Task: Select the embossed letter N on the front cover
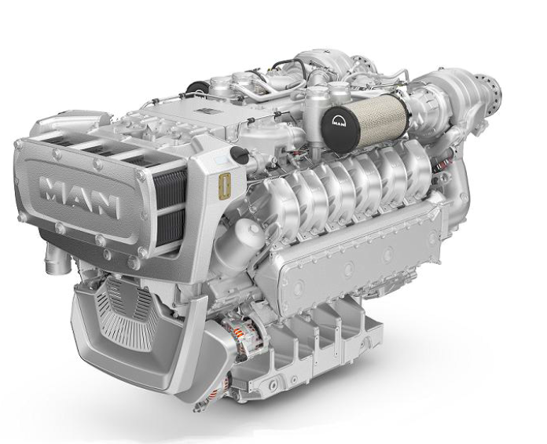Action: [x=105, y=206]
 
